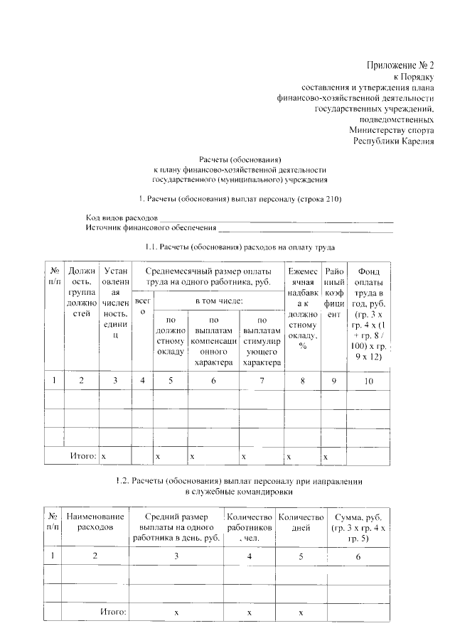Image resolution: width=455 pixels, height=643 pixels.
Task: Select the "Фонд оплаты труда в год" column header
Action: coord(368,313)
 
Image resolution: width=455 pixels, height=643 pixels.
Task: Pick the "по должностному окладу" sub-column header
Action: coord(170,341)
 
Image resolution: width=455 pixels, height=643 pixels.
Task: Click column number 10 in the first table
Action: coord(368,380)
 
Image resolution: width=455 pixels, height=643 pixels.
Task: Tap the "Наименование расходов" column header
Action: coord(96,522)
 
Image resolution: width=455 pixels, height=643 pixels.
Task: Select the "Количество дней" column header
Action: coord(301,522)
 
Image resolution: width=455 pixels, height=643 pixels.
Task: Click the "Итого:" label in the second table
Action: coord(113,611)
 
